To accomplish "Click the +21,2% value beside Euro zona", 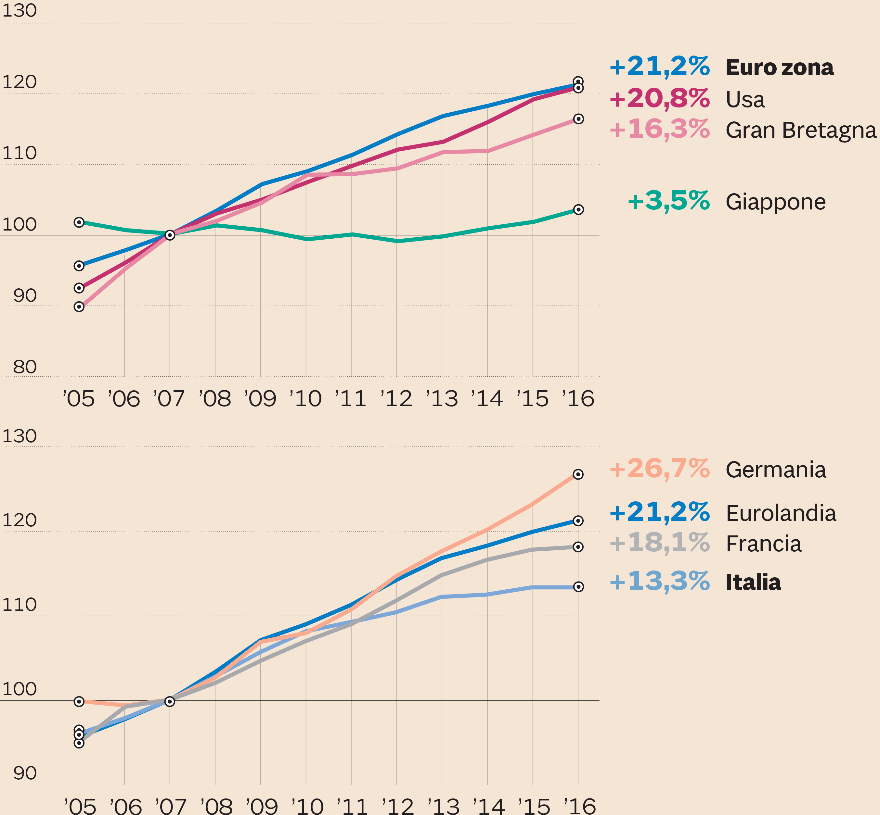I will (659, 67).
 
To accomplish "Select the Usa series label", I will (745, 100).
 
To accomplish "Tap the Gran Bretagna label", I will (801, 131).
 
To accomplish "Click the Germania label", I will (775, 470).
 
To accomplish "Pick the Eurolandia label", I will (781, 513).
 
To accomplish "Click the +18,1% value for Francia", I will (659, 543).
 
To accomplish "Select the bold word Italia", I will (753, 582).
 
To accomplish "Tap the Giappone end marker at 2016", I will (578, 209).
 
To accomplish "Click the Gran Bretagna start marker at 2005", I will (79, 307).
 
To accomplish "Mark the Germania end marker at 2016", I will (578, 474).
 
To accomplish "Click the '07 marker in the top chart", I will (170, 235).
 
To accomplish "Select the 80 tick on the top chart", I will (25, 367).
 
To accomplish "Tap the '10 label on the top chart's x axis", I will (306, 399).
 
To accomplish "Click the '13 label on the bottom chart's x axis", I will (444, 807).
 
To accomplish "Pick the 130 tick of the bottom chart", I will (19, 436).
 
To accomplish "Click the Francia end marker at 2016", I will (578, 547).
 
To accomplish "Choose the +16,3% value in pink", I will (659, 130).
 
